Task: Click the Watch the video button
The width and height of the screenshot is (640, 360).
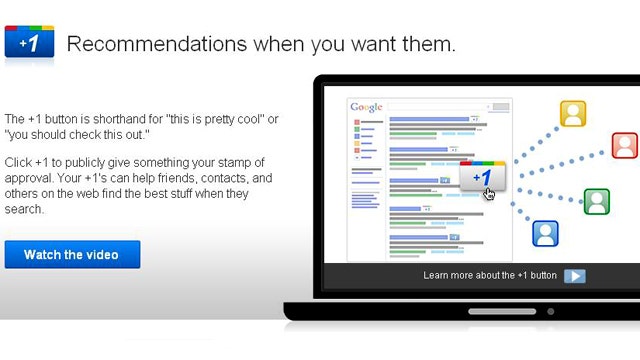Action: [x=72, y=254]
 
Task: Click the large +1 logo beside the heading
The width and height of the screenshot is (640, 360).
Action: [x=29, y=42]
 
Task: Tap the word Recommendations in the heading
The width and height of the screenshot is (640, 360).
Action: [x=157, y=44]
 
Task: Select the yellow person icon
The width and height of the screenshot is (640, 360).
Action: [x=573, y=113]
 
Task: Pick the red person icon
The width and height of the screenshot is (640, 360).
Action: [x=624, y=145]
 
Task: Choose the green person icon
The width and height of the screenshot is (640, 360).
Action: [x=597, y=201]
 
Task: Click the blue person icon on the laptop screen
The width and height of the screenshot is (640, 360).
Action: [x=545, y=233]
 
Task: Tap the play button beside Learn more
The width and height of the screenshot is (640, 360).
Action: [x=575, y=276]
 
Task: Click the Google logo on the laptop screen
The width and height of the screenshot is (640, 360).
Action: [x=366, y=107]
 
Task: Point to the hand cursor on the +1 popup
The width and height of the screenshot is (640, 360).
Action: [x=489, y=193]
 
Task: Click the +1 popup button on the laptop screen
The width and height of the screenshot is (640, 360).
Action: [x=482, y=176]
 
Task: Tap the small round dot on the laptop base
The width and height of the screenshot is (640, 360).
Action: [x=551, y=311]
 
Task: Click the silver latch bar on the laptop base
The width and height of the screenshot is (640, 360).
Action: [x=502, y=311]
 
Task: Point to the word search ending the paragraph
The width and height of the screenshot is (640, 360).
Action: [x=23, y=209]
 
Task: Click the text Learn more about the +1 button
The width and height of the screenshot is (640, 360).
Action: [x=490, y=276]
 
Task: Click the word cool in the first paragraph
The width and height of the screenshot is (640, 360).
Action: [x=249, y=119]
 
